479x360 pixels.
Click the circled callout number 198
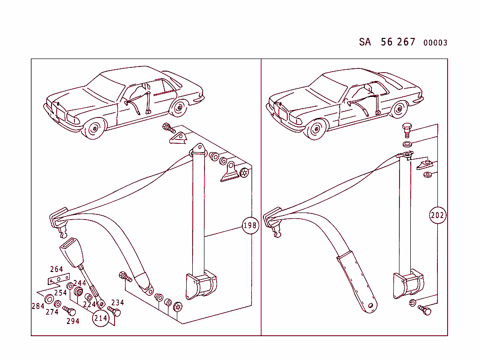[250, 226]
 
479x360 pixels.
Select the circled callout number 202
[437, 216]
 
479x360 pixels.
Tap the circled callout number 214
[101, 318]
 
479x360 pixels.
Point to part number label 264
[56, 269]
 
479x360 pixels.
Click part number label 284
[38, 306]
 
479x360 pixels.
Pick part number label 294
[73, 321]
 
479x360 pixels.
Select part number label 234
[117, 302]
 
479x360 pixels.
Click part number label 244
[80, 283]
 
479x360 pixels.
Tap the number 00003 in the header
[435, 43]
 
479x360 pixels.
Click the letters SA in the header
[365, 42]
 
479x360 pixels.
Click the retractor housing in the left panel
[202, 285]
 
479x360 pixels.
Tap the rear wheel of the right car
[398, 110]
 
